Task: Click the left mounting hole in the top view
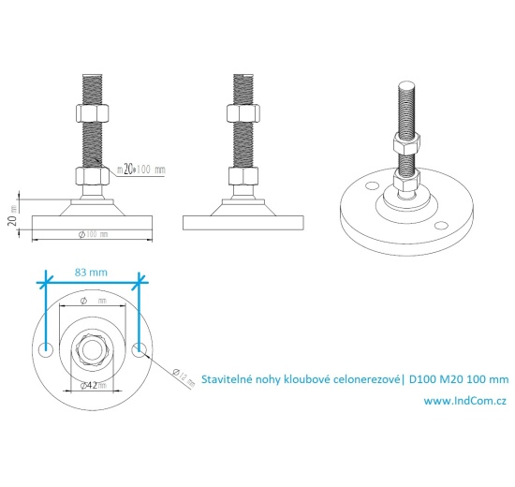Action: click(x=45, y=350)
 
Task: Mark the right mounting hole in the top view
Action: click(x=140, y=350)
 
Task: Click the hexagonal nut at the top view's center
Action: click(x=92, y=350)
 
